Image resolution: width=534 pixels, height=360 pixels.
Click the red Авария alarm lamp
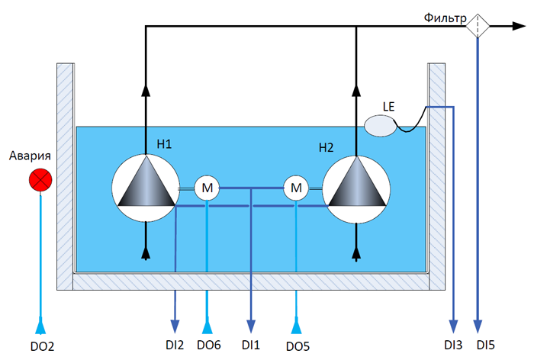click(39, 181)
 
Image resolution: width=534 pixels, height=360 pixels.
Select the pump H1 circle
click(145, 188)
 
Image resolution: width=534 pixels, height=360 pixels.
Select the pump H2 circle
click(356, 188)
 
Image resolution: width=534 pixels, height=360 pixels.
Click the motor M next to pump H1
click(207, 187)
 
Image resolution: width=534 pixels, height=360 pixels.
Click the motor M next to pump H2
click(296, 187)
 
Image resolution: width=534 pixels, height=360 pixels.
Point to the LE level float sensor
click(381, 125)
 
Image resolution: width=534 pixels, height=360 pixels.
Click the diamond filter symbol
click(478, 26)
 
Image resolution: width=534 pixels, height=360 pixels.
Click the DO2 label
click(41, 346)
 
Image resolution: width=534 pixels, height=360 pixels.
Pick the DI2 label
click(175, 345)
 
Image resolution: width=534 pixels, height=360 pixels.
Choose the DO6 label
click(209, 345)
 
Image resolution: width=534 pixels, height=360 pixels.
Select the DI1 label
click(251, 345)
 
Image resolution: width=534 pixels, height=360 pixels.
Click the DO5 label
click(298, 346)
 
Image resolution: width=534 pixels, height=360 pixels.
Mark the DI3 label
click(453, 345)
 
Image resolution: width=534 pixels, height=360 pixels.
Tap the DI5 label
click(486, 345)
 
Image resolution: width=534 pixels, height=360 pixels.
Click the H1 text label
click(164, 143)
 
